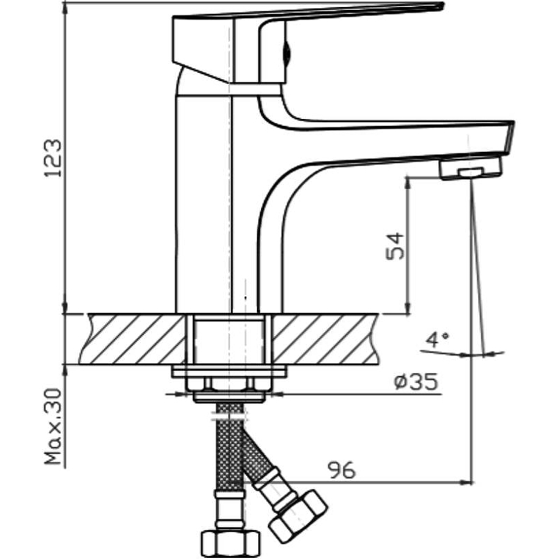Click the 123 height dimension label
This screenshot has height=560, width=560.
pyautogui.click(x=54, y=157)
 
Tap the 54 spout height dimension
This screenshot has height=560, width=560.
pyautogui.click(x=395, y=246)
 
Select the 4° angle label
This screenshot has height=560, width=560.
pyautogui.click(x=437, y=341)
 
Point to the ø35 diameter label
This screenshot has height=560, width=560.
pyautogui.click(x=415, y=382)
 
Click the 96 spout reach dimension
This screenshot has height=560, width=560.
pyautogui.click(x=341, y=470)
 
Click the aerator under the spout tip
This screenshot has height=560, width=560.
pyautogui.click(x=470, y=169)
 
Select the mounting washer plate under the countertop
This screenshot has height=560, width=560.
pyautogui.click(x=230, y=371)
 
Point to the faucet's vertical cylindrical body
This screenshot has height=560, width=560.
pyautogui.click(x=203, y=210)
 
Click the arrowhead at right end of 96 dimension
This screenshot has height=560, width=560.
pyautogui.click(x=468, y=482)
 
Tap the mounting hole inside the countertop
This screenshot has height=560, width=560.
pyautogui.click(x=230, y=339)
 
